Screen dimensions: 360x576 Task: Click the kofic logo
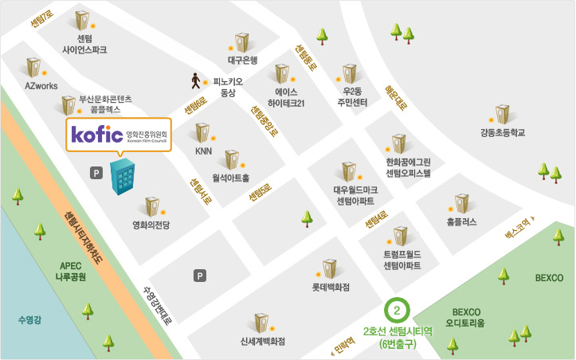96,134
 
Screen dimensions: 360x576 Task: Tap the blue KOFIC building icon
123,176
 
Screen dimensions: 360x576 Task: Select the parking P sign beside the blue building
96,172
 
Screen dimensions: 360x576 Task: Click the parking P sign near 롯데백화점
200,276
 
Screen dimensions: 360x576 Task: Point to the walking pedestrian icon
195,80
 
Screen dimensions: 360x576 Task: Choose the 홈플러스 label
462,222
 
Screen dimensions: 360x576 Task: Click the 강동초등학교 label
503,133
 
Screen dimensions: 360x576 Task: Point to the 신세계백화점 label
262,342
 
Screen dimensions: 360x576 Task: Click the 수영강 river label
33,320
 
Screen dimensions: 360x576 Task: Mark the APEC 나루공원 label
70,272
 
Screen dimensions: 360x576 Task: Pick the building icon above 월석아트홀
231,158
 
